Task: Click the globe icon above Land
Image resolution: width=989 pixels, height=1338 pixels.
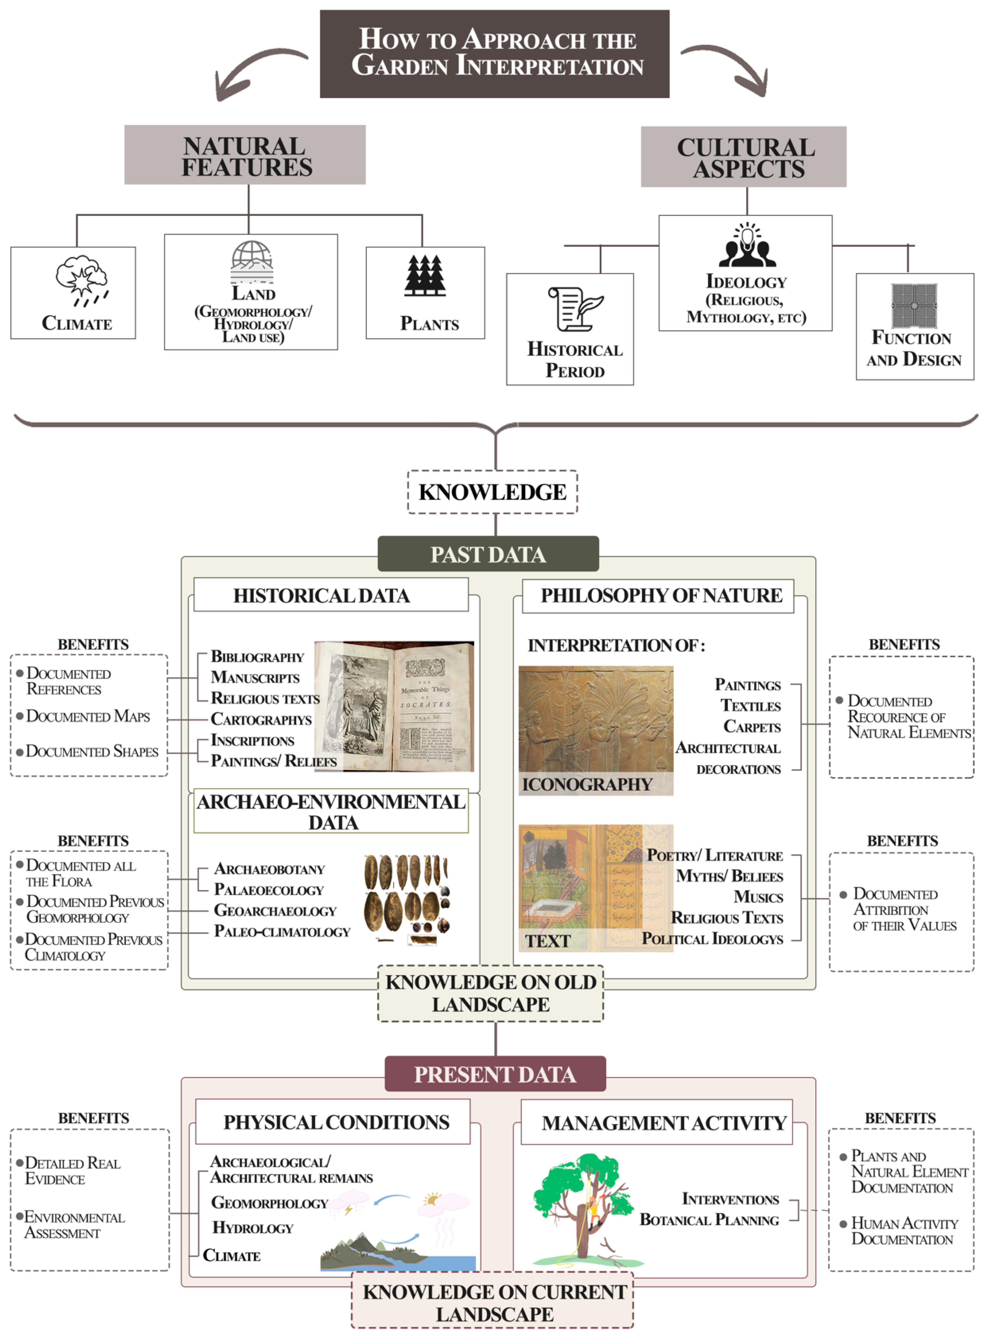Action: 252,262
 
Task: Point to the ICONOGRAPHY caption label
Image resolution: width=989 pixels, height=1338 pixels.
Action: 587,784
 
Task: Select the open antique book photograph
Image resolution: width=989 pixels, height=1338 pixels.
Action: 394,706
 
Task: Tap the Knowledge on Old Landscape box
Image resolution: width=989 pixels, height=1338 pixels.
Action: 490,993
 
